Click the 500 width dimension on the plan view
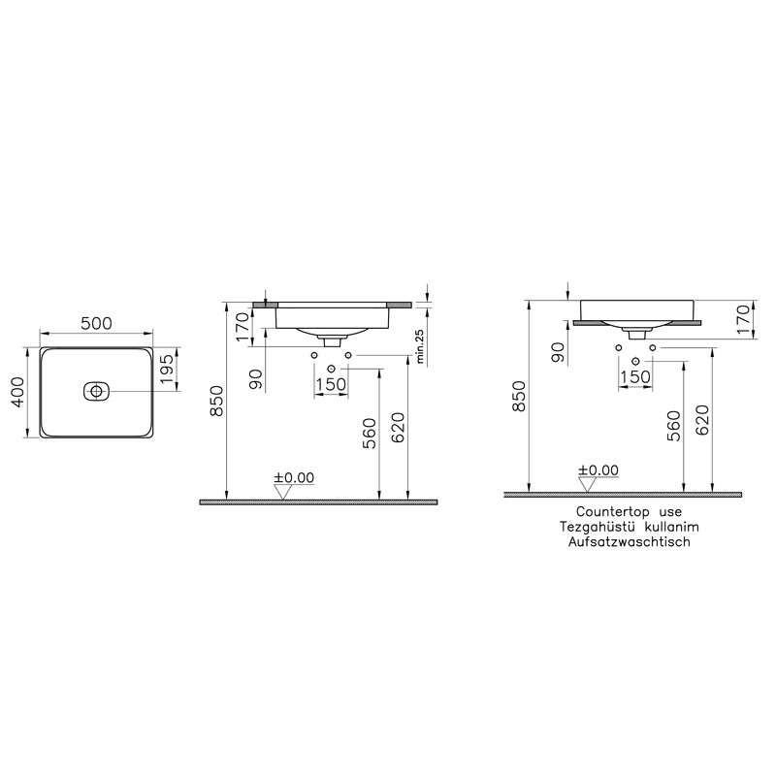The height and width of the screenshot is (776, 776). pyautogui.click(x=96, y=323)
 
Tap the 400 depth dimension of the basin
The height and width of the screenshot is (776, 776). pyautogui.click(x=17, y=392)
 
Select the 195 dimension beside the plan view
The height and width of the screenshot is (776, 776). pyautogui.click(x=167, y=369)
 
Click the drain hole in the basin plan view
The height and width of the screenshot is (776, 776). pyautogui.click(x=96, y=392)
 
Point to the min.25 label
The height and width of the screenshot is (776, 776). pyautogui.click(x=421, y=346)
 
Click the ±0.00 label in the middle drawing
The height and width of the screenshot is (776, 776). pyautogui.click(x=295, y=477)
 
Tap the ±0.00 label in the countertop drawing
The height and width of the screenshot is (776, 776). pyautogui.click(x=598, y=469)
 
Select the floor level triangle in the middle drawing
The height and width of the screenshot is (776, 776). pyautogui.click(x=282, y=492)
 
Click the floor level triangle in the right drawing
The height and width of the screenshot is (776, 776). pyautogui.click(x=587, y=484)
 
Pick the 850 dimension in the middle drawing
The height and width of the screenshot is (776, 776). pyautogui.click(x=217, y=401)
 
